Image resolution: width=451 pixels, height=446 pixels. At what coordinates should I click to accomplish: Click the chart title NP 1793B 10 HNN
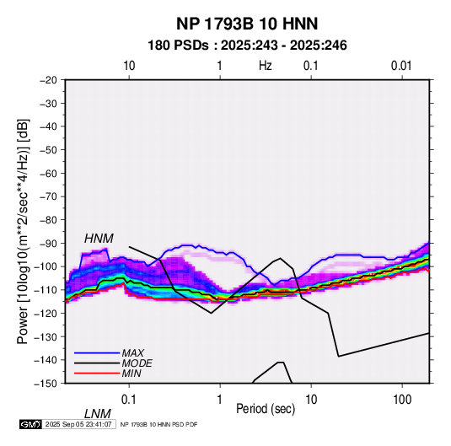(x=247, y=24)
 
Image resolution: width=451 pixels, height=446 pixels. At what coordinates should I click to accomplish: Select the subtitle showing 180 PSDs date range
(x=247, y=46)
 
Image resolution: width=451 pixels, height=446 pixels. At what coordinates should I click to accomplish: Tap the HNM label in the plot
(x=99, y=239)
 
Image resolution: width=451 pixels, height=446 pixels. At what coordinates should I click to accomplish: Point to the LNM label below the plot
(x=97, y=414)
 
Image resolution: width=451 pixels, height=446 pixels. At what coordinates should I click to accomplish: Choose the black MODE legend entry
(x=113, y=363)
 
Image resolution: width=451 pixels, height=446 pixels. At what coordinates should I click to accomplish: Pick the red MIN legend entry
(x=108, y=373)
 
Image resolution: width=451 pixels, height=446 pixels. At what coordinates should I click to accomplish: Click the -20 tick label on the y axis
(x=48, y=80)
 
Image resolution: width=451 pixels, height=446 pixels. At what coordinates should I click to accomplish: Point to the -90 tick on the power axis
(x=48, y=244)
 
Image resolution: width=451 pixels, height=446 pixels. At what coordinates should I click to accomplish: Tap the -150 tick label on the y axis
(x=46, y=384)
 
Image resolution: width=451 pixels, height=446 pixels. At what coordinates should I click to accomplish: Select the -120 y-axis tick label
(x=46, y=314)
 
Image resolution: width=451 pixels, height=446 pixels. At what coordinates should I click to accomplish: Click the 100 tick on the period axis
(x=402, y=400)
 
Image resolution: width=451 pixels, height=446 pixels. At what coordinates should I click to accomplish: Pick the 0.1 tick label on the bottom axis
(x=129, y=400)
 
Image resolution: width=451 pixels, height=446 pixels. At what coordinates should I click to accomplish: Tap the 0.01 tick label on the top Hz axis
(x=401, y=66)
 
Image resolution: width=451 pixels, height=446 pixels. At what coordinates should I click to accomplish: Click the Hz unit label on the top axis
(x=266, y=66)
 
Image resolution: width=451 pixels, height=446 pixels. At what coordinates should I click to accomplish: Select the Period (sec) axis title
(x=266, y=409)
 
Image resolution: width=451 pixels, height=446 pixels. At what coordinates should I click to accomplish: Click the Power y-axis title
(x=23, y=232)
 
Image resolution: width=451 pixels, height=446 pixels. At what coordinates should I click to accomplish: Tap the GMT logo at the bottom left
(x=30, y=424)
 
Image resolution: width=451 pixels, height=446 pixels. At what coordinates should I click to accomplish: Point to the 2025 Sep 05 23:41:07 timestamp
(x=78, y=424)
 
